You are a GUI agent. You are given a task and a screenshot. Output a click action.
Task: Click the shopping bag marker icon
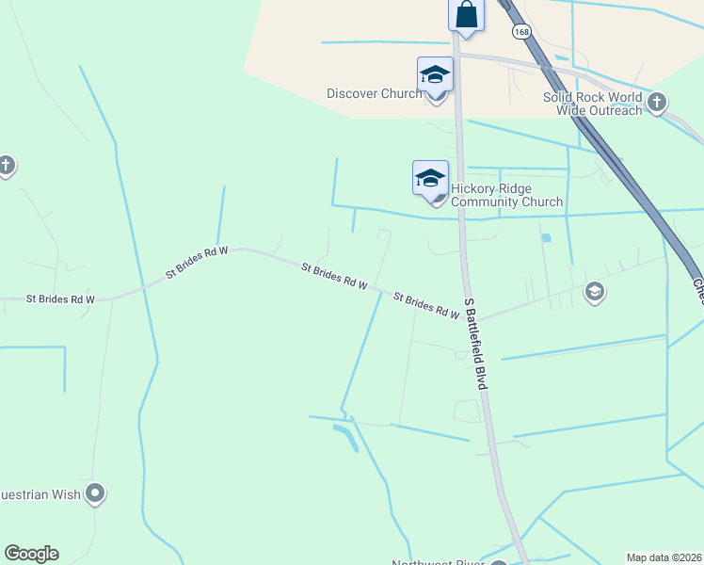[466, 14]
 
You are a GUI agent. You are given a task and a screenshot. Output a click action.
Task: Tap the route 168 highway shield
[521, 31]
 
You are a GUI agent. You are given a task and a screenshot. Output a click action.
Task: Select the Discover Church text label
[374, 93]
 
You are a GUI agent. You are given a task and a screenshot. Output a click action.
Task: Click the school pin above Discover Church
[435, 74]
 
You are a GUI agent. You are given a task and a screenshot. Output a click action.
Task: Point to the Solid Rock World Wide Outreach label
[592, 104]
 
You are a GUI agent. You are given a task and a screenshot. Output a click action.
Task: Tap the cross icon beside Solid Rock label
[657, 102]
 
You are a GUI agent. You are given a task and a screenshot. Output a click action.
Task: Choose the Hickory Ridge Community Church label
[506, 195]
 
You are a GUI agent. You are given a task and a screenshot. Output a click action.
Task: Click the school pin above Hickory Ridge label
[430, 177]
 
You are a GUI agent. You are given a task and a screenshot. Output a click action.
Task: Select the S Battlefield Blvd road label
[478, 344]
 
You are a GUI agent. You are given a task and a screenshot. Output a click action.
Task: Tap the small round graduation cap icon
[594, 292]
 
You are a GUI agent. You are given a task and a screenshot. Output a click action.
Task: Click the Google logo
[31, 554]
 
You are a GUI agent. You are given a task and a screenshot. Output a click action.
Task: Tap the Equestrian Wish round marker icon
[95, 492]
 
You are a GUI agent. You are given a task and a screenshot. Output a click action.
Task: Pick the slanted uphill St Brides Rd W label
[197, 263]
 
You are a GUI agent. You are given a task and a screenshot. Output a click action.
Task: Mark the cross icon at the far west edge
[6, 167]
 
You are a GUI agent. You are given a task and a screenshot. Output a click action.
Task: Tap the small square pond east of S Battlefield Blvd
[546, 237]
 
